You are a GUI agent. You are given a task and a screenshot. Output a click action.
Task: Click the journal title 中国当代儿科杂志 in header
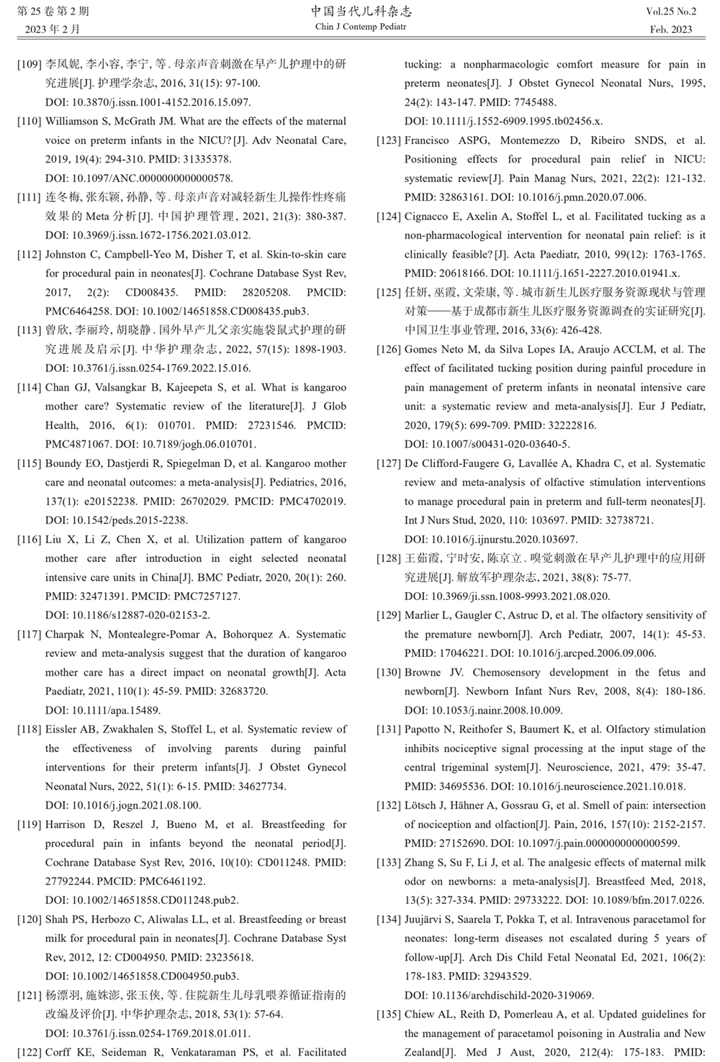pyautogui.click(x=361, y=12)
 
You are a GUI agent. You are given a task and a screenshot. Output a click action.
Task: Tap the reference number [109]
pyautogui.click(x=30, y=64)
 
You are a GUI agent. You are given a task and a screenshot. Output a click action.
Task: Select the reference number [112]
pyautogui.click(x=30, y=255)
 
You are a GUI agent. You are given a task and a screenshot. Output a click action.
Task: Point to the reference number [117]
pyautogui.click(x=30, y=635)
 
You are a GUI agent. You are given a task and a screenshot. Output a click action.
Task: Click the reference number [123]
pyautogui.click(x=389, y=140)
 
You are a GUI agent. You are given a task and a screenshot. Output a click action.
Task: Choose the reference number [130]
pyautogui.click(x=389, y=673)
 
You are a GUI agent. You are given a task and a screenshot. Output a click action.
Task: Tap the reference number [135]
pyautogui.click(x=389, y=1015)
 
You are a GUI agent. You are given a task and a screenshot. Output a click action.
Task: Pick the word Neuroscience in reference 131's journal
pyautogui.click(x=580, y=768)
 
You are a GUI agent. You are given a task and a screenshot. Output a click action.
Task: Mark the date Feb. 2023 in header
pyautogui.click(x=671, y=29)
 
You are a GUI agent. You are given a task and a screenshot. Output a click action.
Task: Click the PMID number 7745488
pyautogui.click(x=535, y=102)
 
